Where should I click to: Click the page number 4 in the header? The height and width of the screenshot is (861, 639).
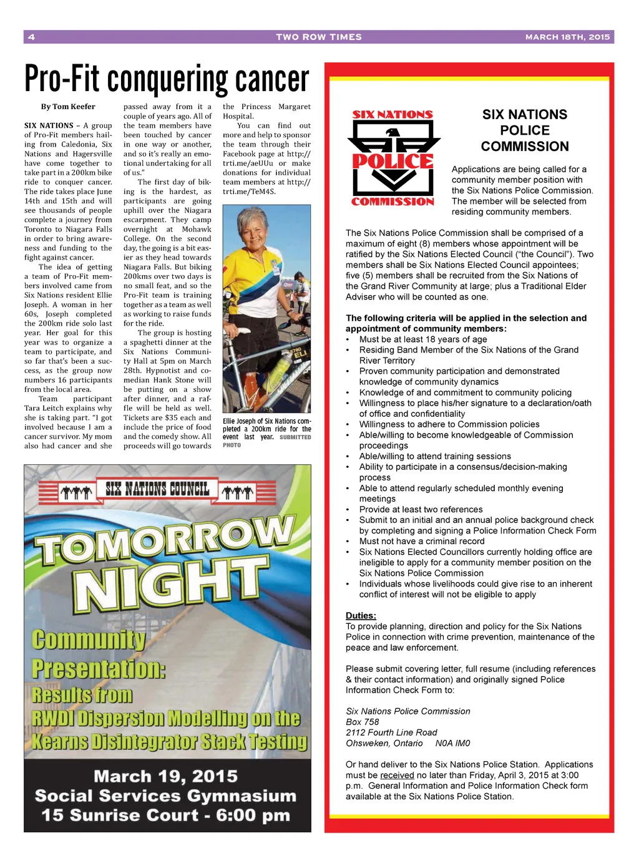click(31, 37)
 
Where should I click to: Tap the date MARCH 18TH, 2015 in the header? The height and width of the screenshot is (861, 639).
click(567, 37)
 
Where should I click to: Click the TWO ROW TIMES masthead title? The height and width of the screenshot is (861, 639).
click(319, 37)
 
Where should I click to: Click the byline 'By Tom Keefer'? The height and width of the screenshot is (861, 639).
click(68, 107)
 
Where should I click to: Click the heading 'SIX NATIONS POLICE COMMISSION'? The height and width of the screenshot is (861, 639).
click(525, 130)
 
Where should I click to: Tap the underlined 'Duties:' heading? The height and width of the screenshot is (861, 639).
click(361, 616)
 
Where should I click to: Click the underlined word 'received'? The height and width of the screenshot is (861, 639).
click(397, 775)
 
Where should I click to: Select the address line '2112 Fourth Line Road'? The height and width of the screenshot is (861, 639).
click(391, 732)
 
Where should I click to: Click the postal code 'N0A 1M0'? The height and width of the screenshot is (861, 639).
click(452, 743)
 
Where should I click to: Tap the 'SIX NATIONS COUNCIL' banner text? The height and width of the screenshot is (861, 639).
click(157, 489)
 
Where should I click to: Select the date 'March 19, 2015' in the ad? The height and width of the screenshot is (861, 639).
click(165, 777)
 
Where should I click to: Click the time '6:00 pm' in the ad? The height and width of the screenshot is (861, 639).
click(252, 815)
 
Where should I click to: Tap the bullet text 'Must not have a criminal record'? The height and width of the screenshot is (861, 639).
click(422, 542)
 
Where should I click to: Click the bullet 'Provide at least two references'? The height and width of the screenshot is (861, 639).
click(421, 510)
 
